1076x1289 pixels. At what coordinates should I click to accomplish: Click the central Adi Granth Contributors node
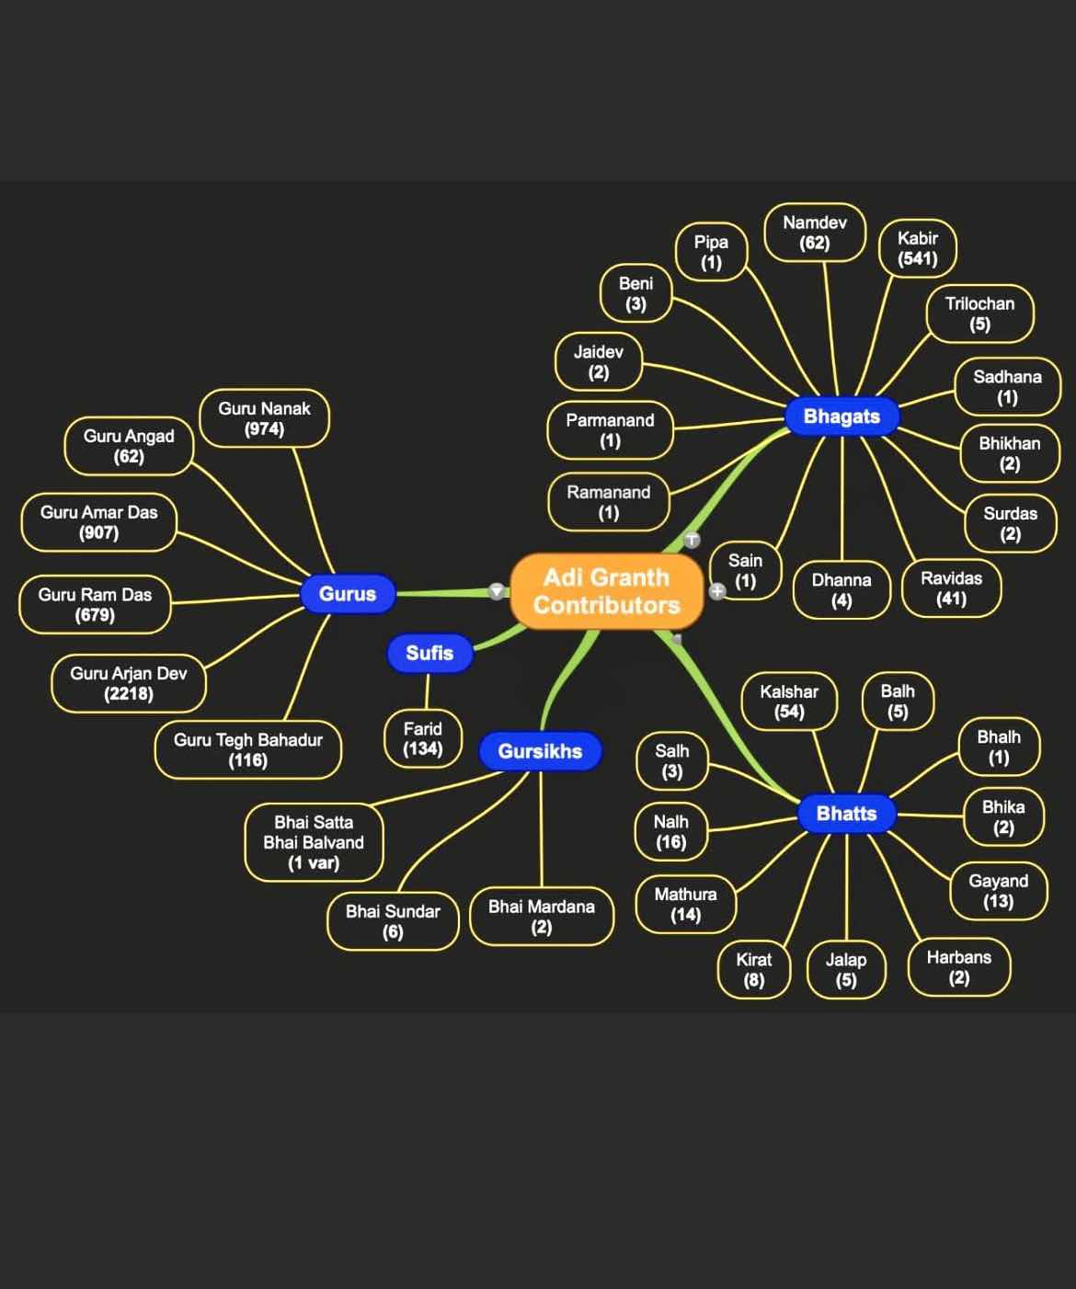click(606, 591)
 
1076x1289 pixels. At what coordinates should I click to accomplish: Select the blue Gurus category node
click(348, 594)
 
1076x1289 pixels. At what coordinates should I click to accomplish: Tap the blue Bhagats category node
click(841, 416)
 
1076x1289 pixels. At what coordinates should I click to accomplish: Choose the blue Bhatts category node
click(846, 814)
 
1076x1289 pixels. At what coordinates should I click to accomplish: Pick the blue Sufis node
click(429, 653)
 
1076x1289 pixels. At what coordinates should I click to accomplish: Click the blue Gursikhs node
click(540, 751)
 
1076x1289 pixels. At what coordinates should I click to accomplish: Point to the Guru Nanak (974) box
click(264, 418)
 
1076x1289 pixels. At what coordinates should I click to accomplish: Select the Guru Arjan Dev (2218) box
click(129, 683)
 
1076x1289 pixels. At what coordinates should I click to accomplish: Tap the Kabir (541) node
click(918, 248)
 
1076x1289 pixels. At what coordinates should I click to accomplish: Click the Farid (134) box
click(422, 738)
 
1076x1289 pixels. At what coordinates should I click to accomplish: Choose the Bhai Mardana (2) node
click(541, 917)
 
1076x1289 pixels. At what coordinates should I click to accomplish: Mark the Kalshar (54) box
click(789, 702)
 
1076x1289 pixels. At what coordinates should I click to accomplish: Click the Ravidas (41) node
click(951, 588)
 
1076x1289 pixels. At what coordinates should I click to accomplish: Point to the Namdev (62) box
click(815, 233)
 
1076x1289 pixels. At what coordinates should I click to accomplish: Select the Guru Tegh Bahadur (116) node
click(248, 749)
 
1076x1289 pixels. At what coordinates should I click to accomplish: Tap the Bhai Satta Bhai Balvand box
click(314, 842)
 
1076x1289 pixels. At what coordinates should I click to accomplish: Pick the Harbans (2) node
click(959, 967)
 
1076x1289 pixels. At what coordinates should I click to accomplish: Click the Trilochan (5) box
click(979, 314)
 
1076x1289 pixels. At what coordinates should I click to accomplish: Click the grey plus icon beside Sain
click(717, 591)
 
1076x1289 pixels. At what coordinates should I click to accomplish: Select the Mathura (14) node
click(685, 904)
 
